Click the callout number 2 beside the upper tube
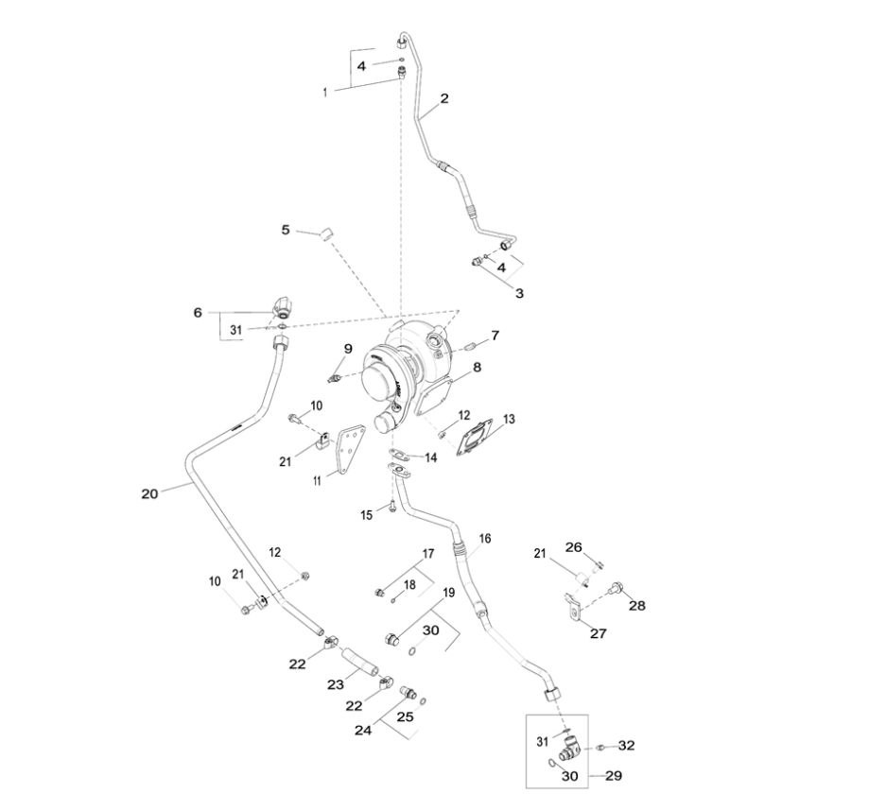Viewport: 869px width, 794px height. point(444,97)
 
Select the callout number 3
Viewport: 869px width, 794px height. point(519,293)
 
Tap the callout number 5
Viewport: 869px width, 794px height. point(285,230)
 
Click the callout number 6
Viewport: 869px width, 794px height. point(198,312)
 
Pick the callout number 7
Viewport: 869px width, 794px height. point(495,335)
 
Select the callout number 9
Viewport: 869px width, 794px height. point(348,348)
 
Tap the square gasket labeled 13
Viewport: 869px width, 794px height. point(475,440)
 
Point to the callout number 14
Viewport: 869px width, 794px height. point(430,457)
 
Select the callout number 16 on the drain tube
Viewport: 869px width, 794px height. point(485,539)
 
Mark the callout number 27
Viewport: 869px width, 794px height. point(598,633)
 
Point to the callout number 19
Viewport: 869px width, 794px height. point(449,594)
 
